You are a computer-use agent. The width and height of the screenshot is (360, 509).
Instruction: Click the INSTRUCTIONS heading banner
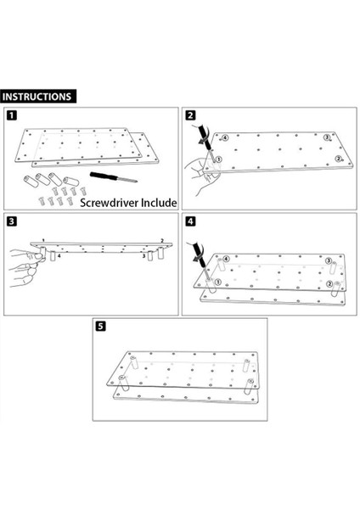pyautogui.click(x=38, y=97)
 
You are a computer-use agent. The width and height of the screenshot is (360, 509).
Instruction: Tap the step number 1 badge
pyautogui.click(x=11, y=115)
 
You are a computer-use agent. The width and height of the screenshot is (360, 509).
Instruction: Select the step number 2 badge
pyautogui.click(x=190, y=115)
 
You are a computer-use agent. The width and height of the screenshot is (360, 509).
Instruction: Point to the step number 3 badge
pyautogui.click(x=11, y=221)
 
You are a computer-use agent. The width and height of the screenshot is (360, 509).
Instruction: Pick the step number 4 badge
pyautogui.click(x=190, y=221)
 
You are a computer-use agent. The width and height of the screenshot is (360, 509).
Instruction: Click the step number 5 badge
pyautogui.click(x=100, y=326)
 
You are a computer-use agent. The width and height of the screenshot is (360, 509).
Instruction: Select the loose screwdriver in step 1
pyautogui.click(x=114, y=177)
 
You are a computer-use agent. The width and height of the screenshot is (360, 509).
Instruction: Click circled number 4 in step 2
pyautogui.click(x=225, y=137)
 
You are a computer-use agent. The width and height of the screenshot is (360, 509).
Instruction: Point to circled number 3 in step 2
pyautogui.click(x=327, y=137)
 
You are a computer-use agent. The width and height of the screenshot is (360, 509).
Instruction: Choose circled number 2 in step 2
pyautogui.click(x=338, y=159)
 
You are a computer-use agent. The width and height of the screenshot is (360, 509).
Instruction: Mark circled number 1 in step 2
pyautogui.click(x=218, y=159)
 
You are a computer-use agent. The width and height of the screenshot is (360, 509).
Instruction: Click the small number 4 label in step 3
pyautogui.click(x=59, y=256)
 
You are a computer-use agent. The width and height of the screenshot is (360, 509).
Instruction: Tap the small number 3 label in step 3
pyautogui.click(x=143, y=256)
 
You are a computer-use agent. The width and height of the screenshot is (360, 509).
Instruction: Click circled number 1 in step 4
pyautogui.click(x=218, y=282)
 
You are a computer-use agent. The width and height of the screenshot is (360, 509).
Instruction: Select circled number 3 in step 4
pyautogui.click(x=329, y=261)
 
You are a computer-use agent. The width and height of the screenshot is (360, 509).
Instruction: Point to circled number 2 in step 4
pyautogui.click(x=329, y=284)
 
